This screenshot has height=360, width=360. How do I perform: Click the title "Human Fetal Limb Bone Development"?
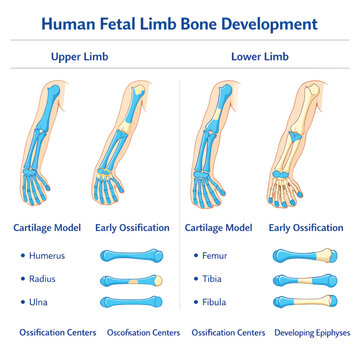click(x=180, y=24)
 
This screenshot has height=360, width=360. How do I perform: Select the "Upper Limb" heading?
click(x=80, y=57)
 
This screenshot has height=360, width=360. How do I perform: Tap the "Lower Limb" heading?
click(x=260, y=57)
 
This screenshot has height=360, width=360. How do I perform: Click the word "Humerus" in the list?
click(x=47, y=256)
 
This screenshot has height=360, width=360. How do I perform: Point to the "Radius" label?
click(x=42, y=279)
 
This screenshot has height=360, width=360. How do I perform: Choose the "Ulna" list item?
click(x=38, y=302)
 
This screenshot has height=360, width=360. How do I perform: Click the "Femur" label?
click(x=215, y=256)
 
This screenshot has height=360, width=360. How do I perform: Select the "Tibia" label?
click(x=212, y=279)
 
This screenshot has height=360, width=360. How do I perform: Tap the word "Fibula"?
click(x=214, y=302)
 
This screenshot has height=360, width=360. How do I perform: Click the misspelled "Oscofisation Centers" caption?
click(x=143, y=333)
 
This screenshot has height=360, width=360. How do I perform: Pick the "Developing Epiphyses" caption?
click(x=312, y=333)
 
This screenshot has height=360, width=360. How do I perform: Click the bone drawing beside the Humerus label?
click(x=132, y=256)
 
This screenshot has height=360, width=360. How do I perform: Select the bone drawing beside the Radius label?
click(x=132, y=281)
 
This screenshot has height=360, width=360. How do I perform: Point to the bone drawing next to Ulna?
click(x=132, y=302)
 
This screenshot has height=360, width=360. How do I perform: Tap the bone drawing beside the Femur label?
click(x=305, y=256)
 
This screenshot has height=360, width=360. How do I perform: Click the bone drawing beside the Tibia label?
click(x=305, y=281)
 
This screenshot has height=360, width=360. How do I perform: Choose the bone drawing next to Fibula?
click(x=305, y=301)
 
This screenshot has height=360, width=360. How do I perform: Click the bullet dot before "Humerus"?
click(x=23, y=256)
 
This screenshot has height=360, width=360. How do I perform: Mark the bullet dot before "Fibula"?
click(x=196, y=302)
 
